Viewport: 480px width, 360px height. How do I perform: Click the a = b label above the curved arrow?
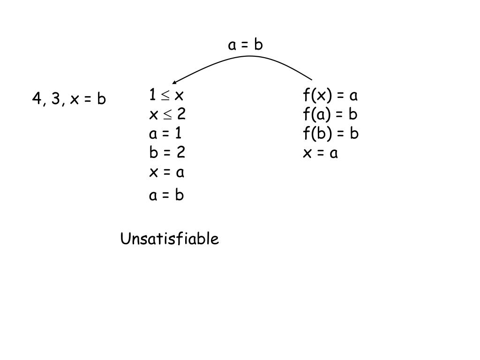(x=245, y=45)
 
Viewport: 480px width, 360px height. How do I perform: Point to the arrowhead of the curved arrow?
(x=174, y=82)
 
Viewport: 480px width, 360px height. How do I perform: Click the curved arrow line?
(x=248, y=56)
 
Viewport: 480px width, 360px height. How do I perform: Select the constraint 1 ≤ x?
(x=166, y=96)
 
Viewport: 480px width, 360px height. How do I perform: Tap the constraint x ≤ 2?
(x=167, y=114)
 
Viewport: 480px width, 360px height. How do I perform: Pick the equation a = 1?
(x=165, y=134)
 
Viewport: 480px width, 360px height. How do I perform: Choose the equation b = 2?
(x=167, y=152)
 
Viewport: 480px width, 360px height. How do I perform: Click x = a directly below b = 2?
(x=167, y=172)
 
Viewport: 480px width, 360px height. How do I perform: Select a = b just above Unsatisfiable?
(x=166, y=195)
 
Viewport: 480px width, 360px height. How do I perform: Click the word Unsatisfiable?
(x=170, y=239)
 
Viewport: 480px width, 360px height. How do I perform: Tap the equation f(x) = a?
(x=330, y=96)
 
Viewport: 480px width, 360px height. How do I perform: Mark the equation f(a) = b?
(x=330, y=114)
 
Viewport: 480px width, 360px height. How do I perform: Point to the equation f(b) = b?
(x=330, y=134)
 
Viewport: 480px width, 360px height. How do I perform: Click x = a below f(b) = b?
(x=321, y=153)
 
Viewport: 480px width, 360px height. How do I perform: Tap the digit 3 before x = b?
(x=55, y=99)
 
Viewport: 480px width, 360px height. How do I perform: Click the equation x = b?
(x=88, y=99)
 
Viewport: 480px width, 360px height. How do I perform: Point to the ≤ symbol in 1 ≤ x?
(x=165, y=96)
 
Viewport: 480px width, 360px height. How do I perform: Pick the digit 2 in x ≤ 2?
(x=181, y=114)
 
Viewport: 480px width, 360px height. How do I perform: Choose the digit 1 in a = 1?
(x=178, y=134)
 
